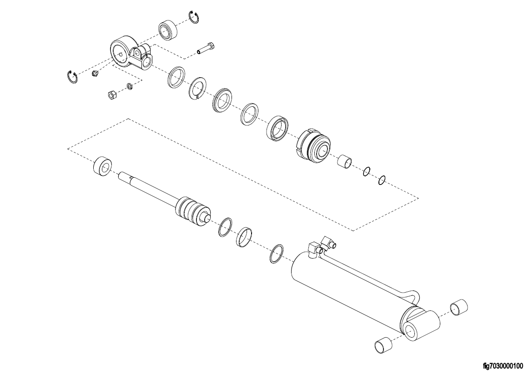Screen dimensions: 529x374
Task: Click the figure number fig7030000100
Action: (503, 366)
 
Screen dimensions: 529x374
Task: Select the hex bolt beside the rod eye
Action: (206, 48)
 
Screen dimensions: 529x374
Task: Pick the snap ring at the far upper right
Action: (194, 17)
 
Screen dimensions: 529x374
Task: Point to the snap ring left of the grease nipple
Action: (72, 77)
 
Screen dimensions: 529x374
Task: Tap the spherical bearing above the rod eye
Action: (168, 30)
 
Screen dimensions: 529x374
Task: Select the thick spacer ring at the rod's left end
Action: (103, 166)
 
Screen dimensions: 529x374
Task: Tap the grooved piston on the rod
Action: (192, 212)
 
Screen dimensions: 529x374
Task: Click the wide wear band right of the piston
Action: (245, 237)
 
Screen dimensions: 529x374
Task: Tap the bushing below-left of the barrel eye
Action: (383, 344)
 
